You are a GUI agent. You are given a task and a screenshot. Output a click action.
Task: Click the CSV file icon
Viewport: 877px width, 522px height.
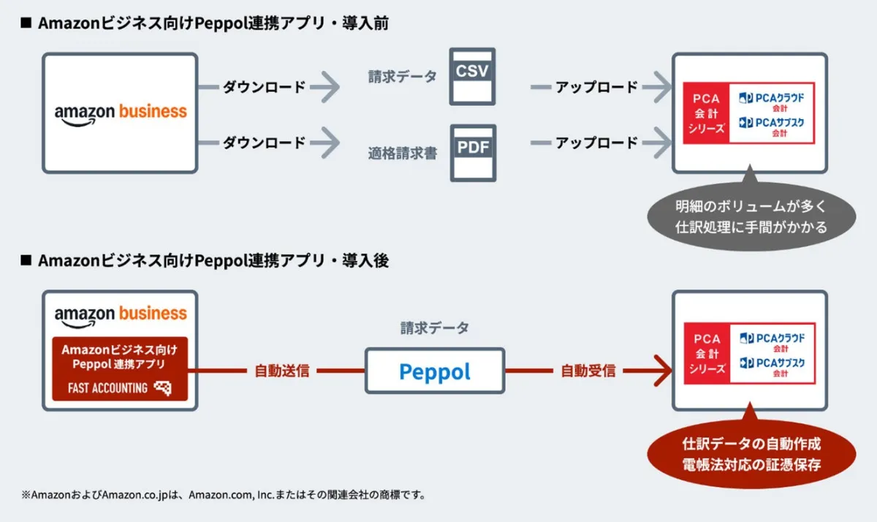point(471,76)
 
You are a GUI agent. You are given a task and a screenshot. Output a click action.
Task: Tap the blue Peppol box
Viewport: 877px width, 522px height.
point(435,371)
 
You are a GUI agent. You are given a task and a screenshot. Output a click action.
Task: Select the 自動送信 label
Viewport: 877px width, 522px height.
point(282,371)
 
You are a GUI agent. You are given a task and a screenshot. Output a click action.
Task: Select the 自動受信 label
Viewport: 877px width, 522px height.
point(588,371)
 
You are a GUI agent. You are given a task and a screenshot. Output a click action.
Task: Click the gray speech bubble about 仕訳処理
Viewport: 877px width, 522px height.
point(751,216)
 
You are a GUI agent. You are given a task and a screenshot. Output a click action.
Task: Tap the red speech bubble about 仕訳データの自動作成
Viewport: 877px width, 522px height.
point(751,454)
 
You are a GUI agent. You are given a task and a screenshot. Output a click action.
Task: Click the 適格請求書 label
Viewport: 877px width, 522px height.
point(403,154)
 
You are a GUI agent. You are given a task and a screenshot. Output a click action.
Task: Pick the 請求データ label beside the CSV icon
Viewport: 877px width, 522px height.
point(403,76)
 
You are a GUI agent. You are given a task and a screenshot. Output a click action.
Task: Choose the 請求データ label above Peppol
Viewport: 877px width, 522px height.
point(435,328)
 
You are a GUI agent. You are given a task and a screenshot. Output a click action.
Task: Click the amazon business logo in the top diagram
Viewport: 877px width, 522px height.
point(121,113)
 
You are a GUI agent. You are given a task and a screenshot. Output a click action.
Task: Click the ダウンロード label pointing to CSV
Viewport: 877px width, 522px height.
point(264,87)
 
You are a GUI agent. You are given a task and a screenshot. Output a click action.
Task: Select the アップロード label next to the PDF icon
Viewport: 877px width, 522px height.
point(596,143)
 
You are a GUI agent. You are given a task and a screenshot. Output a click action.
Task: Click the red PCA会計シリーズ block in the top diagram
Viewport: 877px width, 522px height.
point(706,113)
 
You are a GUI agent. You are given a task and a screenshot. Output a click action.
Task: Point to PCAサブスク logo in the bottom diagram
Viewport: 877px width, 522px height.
point(772,363)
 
